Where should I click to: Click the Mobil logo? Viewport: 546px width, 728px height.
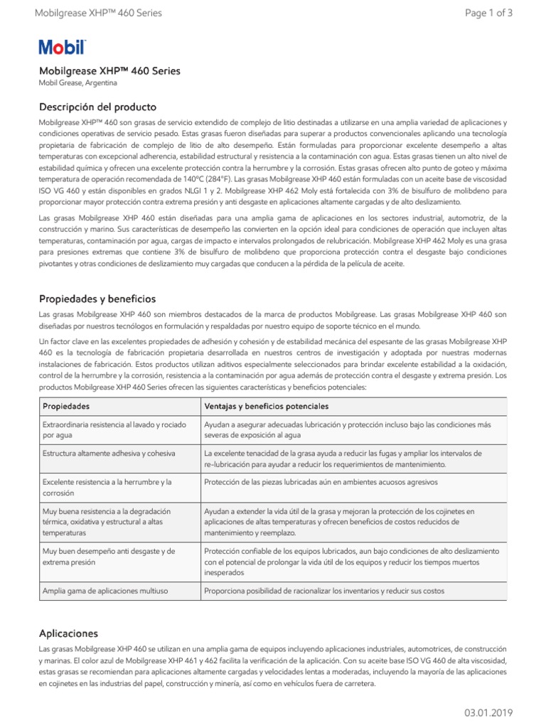coord(63,48)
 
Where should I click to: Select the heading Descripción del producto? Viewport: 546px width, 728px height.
coord(97,107)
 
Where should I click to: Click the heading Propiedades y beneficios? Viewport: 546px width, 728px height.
coord(97,299)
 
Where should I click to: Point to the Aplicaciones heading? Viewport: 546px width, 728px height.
coord(68,633)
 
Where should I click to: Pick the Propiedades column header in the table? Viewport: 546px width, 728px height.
coord(66,406)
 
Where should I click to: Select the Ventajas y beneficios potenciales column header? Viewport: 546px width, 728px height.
coord(266,406)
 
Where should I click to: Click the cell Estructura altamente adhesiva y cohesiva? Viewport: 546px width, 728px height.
coord(109,453)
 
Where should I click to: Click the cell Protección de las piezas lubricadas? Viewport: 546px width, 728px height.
coord(310,482)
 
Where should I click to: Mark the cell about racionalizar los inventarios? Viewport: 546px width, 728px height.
coord(323,590)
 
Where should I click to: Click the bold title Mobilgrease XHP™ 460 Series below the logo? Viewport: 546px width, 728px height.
coord(109,71)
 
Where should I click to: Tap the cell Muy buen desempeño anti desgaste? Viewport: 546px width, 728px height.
coord(109,556)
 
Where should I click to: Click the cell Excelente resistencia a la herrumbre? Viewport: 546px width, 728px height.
coord(107,487)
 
